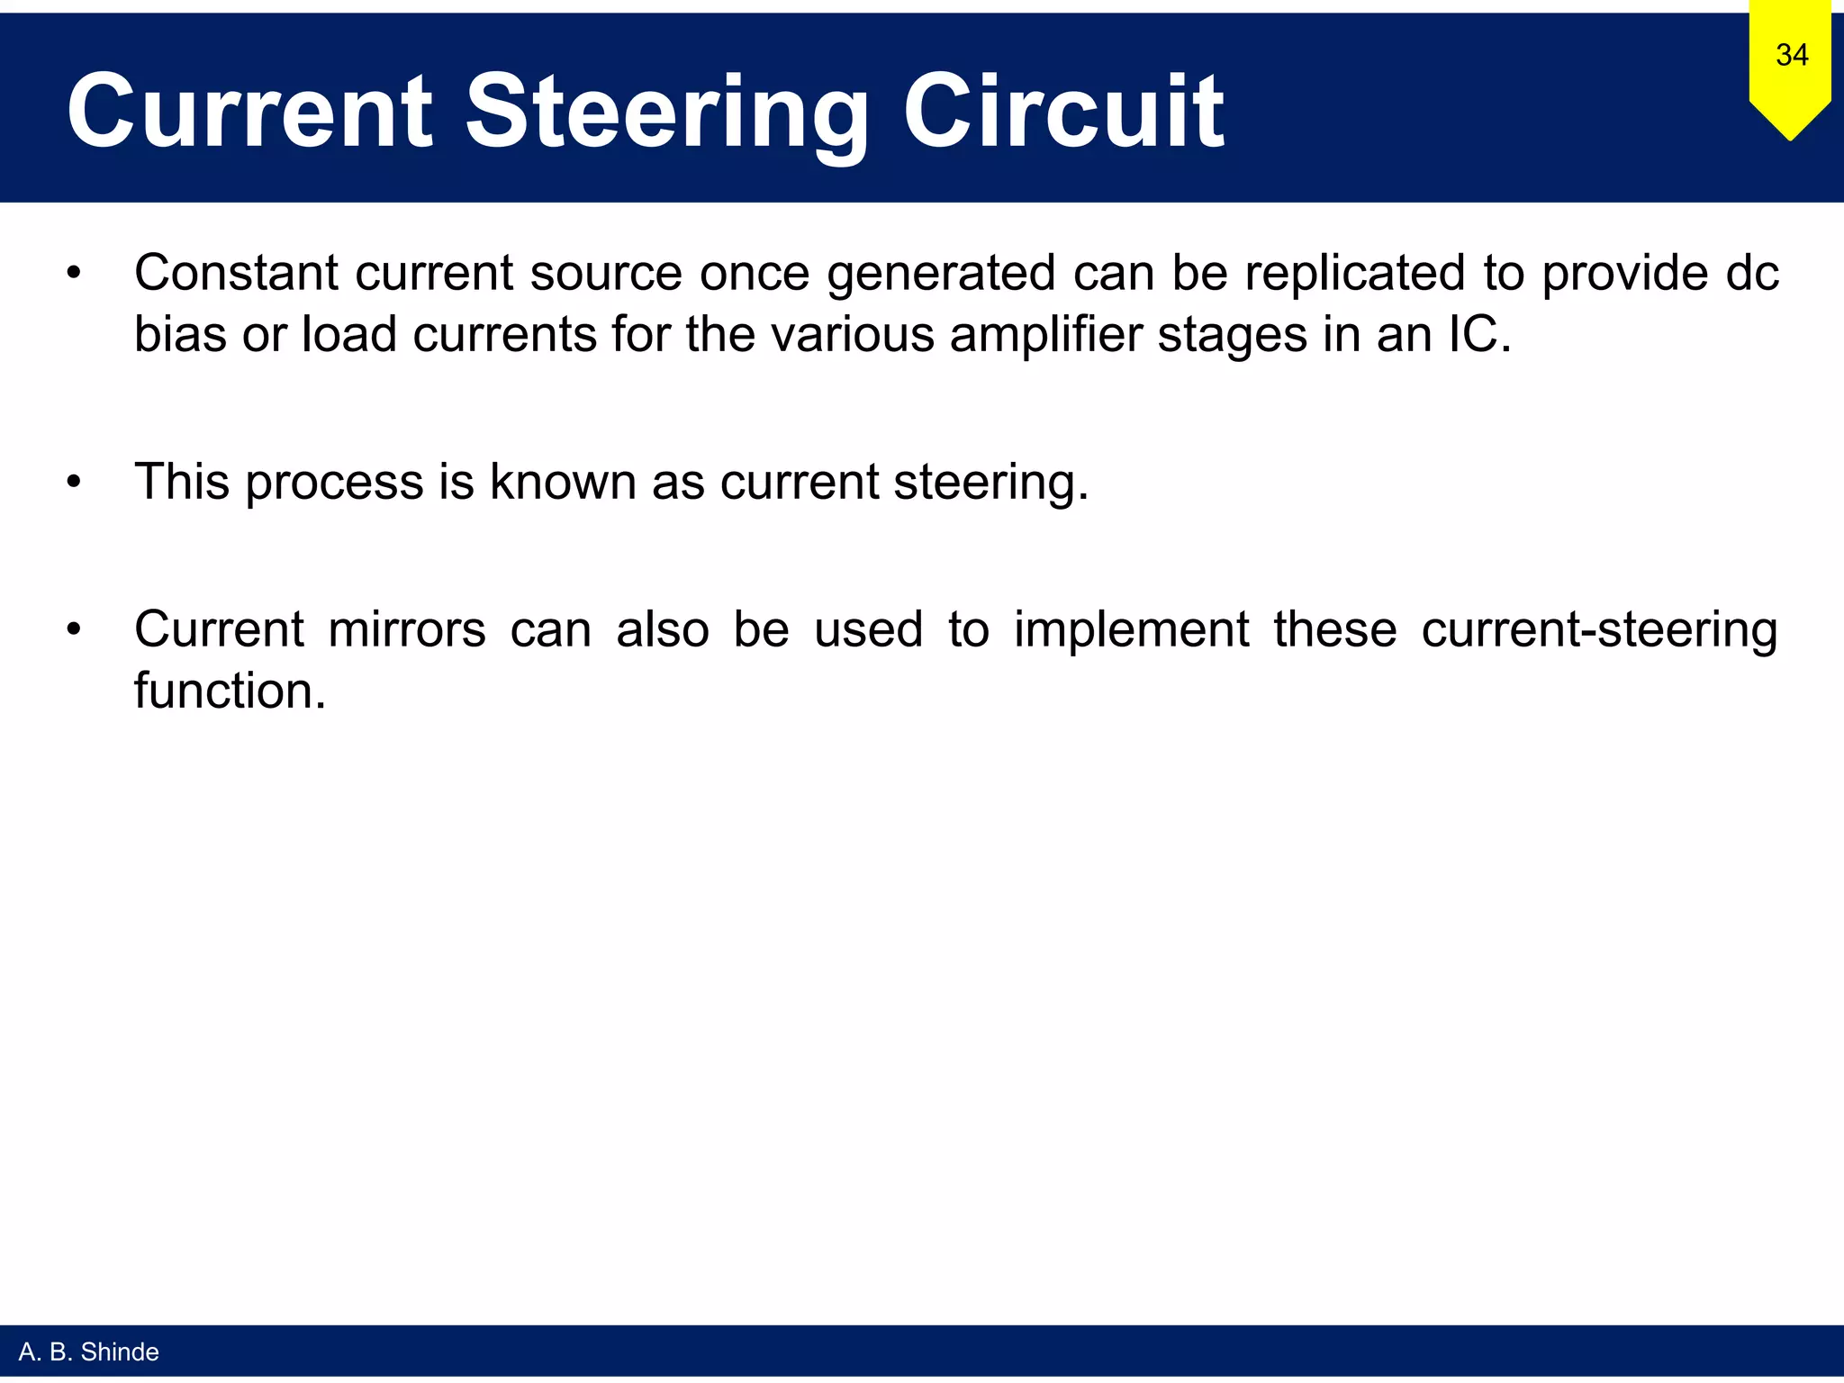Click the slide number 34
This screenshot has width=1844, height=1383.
(x=1791, y=55)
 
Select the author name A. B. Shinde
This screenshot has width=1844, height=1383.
(x=88, y=1351)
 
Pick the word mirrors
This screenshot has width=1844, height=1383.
(x=407, y=628)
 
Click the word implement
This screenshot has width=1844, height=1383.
(x=1132, y=628)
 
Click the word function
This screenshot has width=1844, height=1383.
(x=230, y=691)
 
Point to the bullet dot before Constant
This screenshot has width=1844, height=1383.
(x=74, y=273)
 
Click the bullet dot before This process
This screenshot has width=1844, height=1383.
(x=74, y=483)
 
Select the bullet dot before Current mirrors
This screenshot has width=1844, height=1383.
(x=74, y=629)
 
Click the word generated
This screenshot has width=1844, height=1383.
(x=941, y=274)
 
